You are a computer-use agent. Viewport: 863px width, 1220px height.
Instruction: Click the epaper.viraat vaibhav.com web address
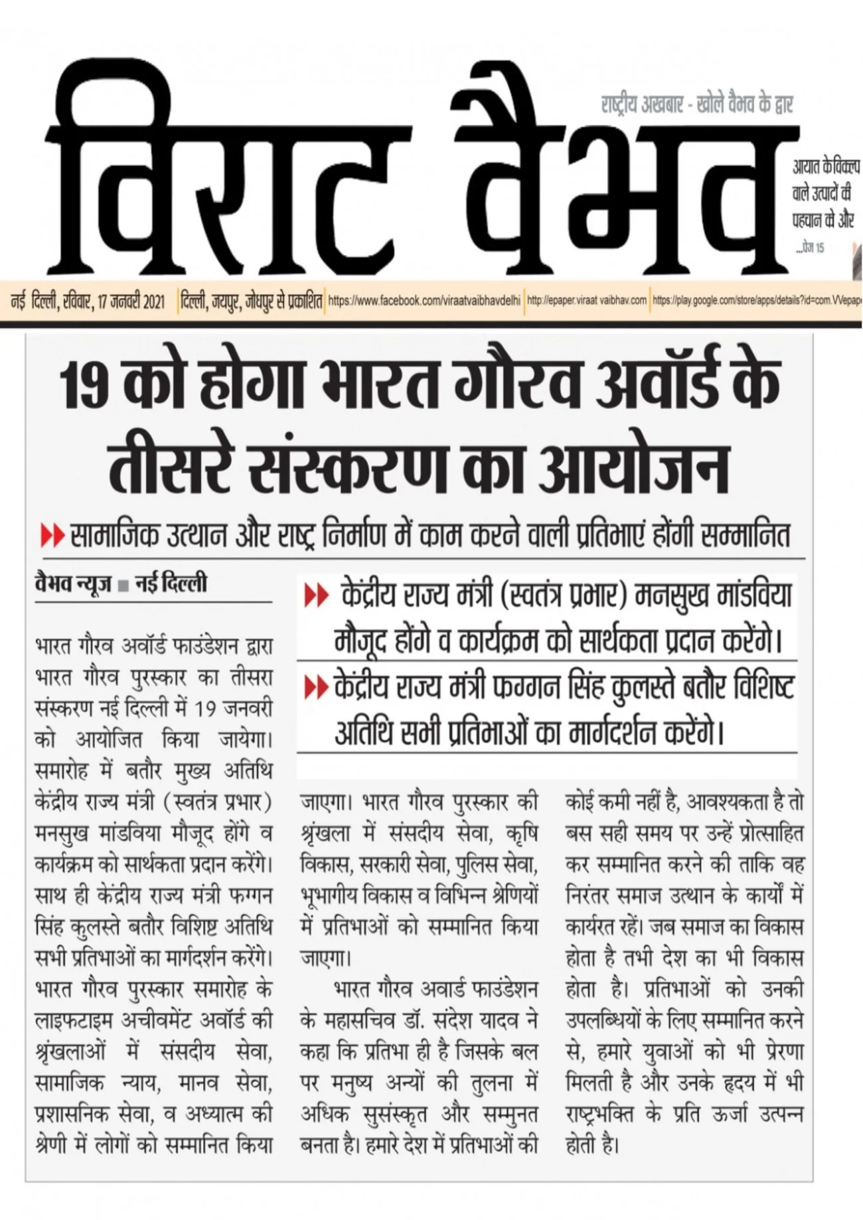tap(586, 301)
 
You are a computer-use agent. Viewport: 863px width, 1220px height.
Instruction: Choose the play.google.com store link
tap(757, 301)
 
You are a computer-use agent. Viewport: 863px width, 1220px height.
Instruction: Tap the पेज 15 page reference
tap(812, 248)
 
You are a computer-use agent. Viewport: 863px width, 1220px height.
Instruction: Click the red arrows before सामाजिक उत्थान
tap(52, 535)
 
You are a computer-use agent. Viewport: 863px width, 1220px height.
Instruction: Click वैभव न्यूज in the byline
tap(72, 583)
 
